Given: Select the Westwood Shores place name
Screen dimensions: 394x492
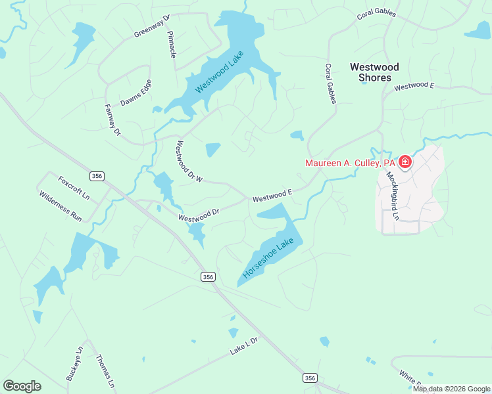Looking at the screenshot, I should [x=374, y=72].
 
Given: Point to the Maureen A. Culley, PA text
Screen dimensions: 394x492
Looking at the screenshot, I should [x=349, y=163].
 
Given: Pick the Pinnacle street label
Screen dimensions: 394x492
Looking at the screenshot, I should [x=172, y=45].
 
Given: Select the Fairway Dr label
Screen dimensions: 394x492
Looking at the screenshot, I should [x=112, y=120].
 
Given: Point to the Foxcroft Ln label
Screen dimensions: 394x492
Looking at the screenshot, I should [x=73, y=188].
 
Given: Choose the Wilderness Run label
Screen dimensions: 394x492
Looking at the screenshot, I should [x=60, y=206].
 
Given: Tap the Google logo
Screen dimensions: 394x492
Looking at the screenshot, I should [x=22, y=386].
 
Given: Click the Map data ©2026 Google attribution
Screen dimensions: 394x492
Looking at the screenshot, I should [x=451, y=389].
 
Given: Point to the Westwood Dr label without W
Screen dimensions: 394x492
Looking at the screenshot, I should [x=199, y=215].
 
